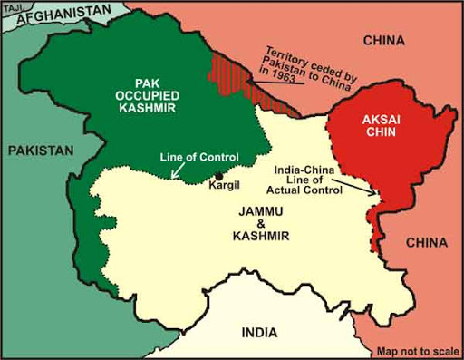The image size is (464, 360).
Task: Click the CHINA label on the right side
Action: click(425, 242)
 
